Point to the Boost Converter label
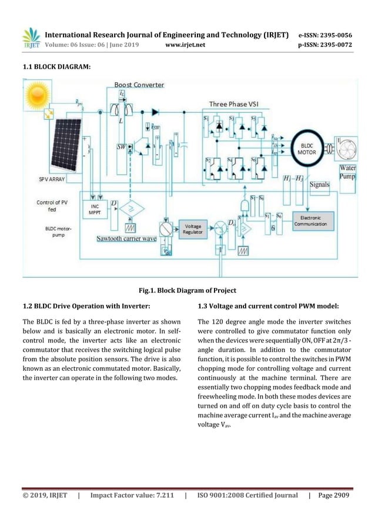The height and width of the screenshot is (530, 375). [x=139, y=85]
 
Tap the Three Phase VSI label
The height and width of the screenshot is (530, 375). [x=234, y=104]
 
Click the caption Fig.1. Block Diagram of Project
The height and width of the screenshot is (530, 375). [x=187, y=290]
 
